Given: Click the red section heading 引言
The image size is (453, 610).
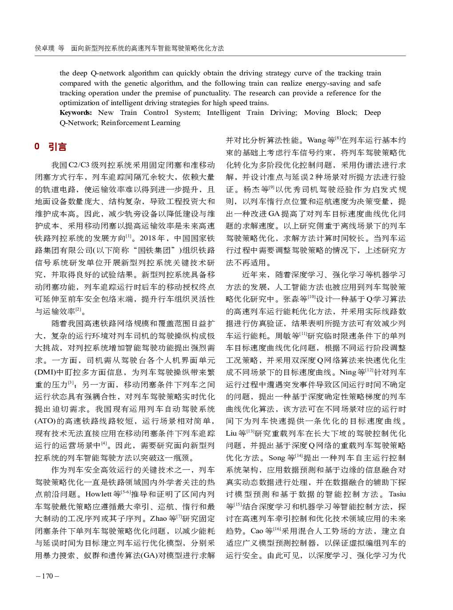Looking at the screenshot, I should click(x=58, y=147).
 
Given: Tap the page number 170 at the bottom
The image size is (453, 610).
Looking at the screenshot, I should click(x=47, y=576).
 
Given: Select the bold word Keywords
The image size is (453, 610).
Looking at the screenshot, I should click(x=75, y=113).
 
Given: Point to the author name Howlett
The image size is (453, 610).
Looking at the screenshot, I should click(x=99, y=494).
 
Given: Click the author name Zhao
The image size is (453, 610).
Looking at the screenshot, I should click(x=159, y=519).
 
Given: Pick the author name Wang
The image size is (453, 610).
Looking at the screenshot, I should click(x=317, y=140).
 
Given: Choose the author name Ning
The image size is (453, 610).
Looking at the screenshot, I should click(x=348, y=372).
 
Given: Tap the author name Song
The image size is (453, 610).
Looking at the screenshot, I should click(x=277, y=458).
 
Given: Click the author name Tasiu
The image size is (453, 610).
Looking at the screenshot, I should click(x=397, y=494).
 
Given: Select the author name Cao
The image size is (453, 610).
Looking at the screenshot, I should click(x=257, y=531).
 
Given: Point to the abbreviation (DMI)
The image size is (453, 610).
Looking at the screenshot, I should click(x=45, y=372).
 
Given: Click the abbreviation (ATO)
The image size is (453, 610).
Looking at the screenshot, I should click(x=45, y=421).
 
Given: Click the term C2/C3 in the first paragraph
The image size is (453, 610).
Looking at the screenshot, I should click(x=79, y=165).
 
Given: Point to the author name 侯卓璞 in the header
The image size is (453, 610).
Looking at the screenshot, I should click(x=44, y=48).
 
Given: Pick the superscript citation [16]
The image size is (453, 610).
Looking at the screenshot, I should click(x=277, y=529).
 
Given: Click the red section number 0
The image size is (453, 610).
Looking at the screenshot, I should click(x=37, y=146).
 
